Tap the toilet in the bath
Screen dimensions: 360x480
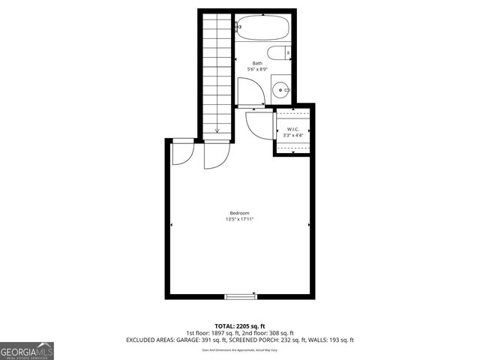(x=279, y=54)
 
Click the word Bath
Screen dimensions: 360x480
(x=257, y=63)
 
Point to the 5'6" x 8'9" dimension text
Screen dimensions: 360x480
(x=257, y=70)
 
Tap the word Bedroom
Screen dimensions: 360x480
(x=240, y=213)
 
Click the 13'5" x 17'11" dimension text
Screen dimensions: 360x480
(x=240, y=220)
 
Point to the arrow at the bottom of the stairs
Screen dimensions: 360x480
(x=216, y=130)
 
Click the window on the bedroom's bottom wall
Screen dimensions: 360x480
(x=241, y=296)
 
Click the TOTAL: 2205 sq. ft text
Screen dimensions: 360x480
(x=240, y=326)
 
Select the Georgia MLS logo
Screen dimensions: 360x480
(x=27, y=351)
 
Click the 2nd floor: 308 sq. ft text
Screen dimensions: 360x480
(x=271, y=333)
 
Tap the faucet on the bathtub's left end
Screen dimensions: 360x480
(x=238, y=28)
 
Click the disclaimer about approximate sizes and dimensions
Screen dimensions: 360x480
(x=240, y=349)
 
